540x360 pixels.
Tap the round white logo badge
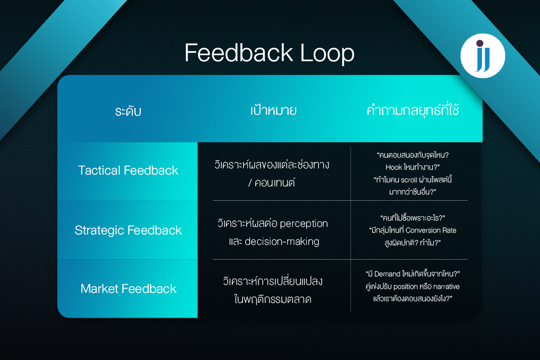pyautogui.click(x=483, y=56)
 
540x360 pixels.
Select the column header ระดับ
pyautogui.click(x=128, y=111)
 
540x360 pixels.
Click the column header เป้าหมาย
pyautogui.click(x=273, y=111)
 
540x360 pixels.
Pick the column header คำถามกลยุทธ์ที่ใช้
pyautogui.click(x=413, y=111)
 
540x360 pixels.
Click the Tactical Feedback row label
pyautogui.click(x=128, y=171)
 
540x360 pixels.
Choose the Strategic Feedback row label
pyautogui.click(x=128, y=230)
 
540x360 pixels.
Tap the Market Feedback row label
pyautogui.click(x=128, y=289)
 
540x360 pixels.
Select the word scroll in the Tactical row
pyautogui.click(x=409, y=180)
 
